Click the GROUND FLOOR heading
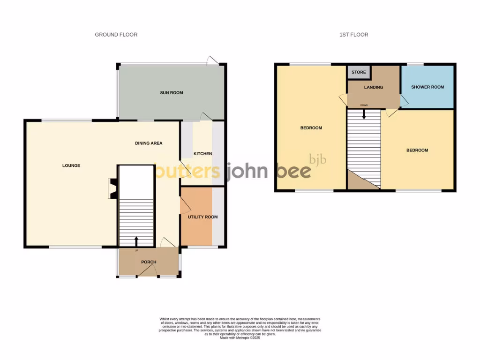(116, 35)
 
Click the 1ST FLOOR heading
(354, 35)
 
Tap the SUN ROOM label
(172, 93)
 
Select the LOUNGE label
(71, 165)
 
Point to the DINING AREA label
(149, 143)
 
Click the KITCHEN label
(203, 154)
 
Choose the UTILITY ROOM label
(202, 217)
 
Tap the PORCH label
(149, 262)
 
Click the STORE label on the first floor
(359, 72)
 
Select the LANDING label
(373, 87)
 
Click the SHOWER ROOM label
(427, 87)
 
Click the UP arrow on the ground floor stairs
(136, 241)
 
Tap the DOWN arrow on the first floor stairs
(364, 113)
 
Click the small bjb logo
(317, 159)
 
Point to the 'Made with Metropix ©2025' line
(240, 338)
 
